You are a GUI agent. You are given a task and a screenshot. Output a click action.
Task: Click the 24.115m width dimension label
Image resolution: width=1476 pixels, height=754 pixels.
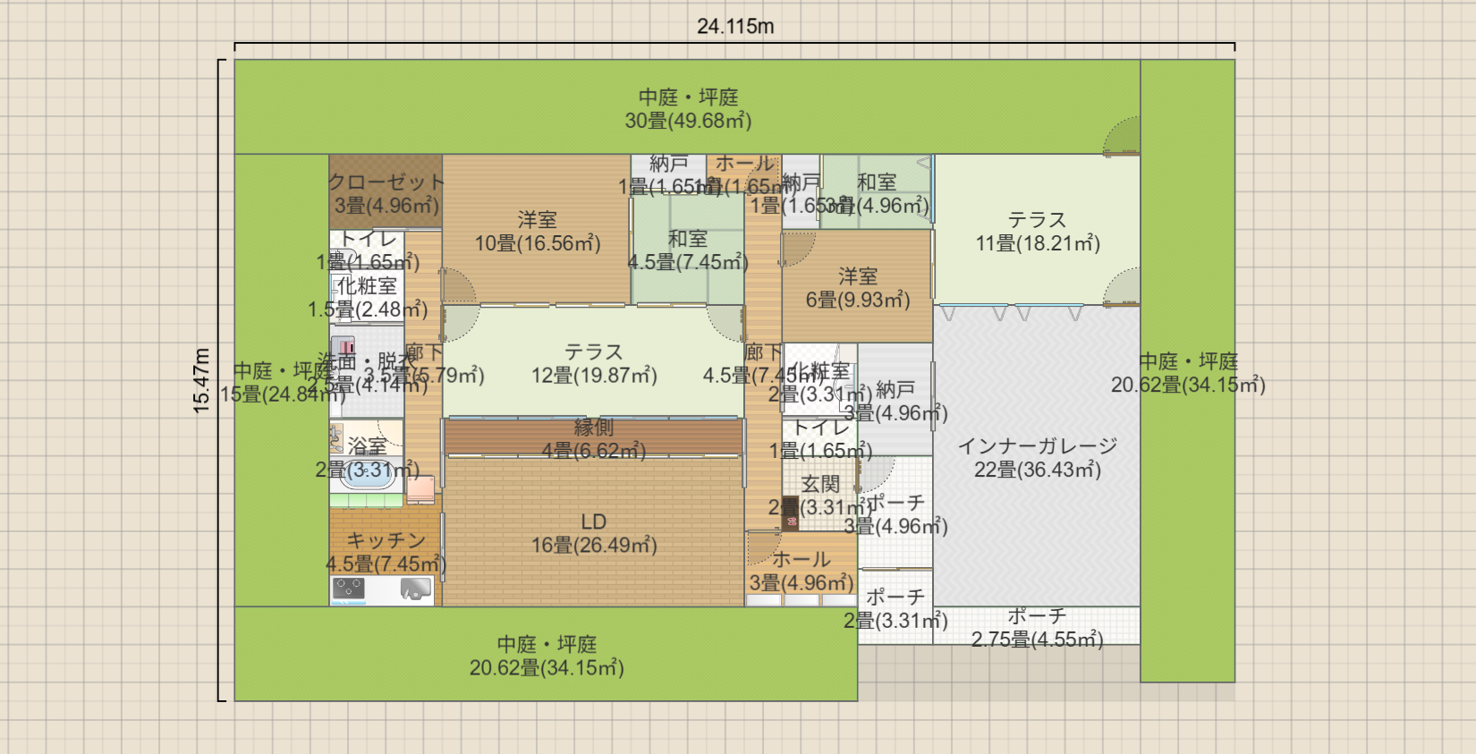click(735, 27)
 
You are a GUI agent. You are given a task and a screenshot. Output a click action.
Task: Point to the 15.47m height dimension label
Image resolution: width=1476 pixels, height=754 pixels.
click(202, 380)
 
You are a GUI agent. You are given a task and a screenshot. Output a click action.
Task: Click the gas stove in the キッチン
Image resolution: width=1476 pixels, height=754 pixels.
click(348, 589)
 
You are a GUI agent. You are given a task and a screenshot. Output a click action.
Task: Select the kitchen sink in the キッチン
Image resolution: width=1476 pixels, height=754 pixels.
click(416, 589)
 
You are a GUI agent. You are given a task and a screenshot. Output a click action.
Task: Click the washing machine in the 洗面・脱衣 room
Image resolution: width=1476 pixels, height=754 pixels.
click(343, 346)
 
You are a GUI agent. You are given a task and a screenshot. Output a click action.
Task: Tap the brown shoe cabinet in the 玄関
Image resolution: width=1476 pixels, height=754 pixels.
click(790, 513)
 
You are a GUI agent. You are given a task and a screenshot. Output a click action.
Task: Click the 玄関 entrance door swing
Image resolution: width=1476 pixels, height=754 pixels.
click(877, 474)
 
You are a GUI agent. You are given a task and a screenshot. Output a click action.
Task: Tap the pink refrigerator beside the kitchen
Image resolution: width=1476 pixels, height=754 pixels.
click(420, 488)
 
